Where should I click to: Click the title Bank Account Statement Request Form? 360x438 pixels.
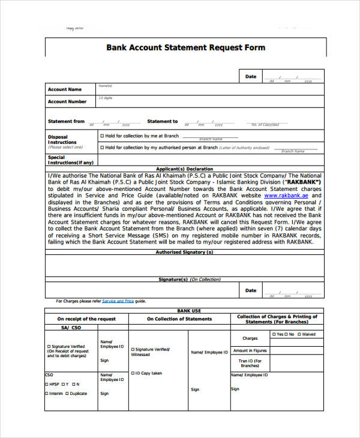tap(185, 48)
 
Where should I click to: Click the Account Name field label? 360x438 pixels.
tap(65, 89)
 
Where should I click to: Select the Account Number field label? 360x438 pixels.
tap(67, 102)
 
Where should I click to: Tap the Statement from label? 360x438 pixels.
tap(66, 121)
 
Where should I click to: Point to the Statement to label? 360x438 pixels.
tap(163, 121)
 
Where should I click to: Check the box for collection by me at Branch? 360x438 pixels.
tap(102, 136)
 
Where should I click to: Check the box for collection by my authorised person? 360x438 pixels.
tap(102, 147)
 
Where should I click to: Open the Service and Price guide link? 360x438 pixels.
tap(118, 301)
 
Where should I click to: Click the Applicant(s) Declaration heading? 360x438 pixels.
tap(184, 169)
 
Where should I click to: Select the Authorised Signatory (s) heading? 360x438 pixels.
tap(184, 253)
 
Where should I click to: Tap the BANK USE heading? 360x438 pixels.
tap(184, 311)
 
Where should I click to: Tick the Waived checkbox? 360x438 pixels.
tap(299, 334)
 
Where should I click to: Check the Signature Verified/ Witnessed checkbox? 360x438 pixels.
tap(133, 349)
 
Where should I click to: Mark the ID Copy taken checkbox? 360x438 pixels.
tap(133, 373)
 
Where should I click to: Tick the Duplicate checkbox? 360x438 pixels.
tap(67, 394)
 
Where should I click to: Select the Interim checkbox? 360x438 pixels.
tap(47, 394)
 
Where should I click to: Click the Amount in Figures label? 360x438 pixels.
tap(250, 350)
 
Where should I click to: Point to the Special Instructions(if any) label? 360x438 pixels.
tap(70, 160)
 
